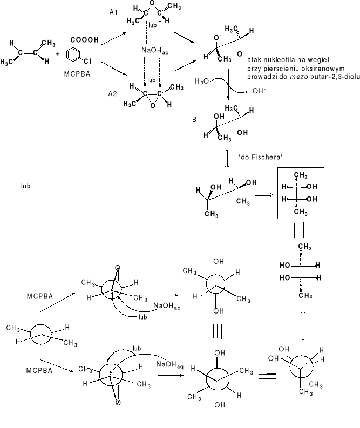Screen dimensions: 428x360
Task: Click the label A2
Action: (x=112, y=93)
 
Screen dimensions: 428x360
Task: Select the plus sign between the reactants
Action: (x=58, y=54)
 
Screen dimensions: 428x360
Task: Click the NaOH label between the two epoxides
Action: (x=152, y=51)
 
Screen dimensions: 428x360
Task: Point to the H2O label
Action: (x=200, y=81)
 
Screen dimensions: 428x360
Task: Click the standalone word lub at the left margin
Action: (x=25, y=186)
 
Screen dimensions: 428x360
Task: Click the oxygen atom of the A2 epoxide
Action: (x=153, y=106)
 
